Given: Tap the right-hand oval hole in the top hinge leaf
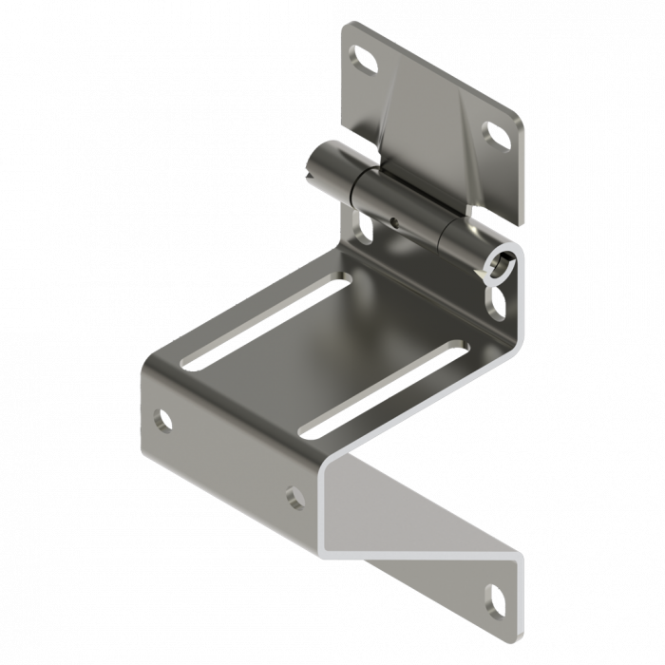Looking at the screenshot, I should (x=496, y=134).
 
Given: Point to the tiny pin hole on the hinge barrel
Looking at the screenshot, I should (x=394, y=224).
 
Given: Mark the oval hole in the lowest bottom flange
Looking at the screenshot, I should (x=497, y=600).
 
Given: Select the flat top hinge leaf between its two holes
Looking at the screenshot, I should (x=427, y=104).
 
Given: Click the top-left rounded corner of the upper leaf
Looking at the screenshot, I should (x=347, y=26).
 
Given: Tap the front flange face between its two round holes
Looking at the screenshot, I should (x=228, y=456).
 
